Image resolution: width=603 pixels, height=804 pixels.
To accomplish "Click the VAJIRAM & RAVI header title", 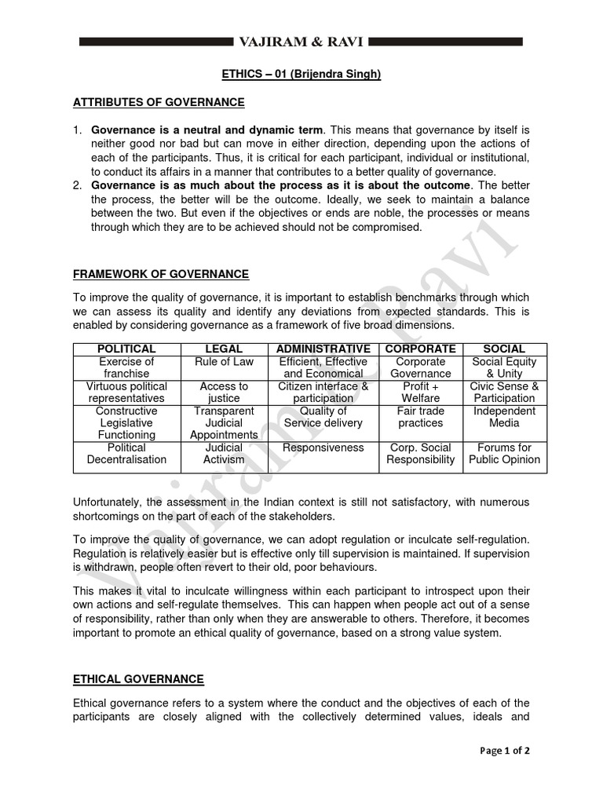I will tap(301, 41).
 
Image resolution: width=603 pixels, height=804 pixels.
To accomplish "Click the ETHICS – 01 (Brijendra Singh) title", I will tap(301, 74).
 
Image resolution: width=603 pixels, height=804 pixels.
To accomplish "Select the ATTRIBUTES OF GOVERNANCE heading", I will tap(159, 102).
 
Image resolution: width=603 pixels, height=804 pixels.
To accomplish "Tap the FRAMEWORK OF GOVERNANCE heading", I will tap(161, 274).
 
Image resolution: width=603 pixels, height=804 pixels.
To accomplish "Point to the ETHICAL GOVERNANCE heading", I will tap(138, 678).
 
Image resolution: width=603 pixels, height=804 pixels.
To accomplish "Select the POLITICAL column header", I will tap(126, 349).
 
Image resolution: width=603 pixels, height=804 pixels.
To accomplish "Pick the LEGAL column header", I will tap(224, 349).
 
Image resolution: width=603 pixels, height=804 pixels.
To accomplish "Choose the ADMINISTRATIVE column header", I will tap(323, 349).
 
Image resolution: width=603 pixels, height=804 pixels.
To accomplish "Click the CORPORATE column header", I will tap(421, 349).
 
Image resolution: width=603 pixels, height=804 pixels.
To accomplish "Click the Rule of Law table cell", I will tap(224, 361).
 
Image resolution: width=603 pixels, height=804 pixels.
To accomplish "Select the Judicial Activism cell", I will tap(224, 453).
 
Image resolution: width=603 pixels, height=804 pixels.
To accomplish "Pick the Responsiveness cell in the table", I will tap(323, 448).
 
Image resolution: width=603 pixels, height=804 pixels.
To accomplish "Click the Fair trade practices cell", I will tap(421, 417).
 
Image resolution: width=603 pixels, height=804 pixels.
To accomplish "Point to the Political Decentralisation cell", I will tap(126, 453).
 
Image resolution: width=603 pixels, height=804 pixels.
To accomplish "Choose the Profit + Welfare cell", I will tap(421, 392).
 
